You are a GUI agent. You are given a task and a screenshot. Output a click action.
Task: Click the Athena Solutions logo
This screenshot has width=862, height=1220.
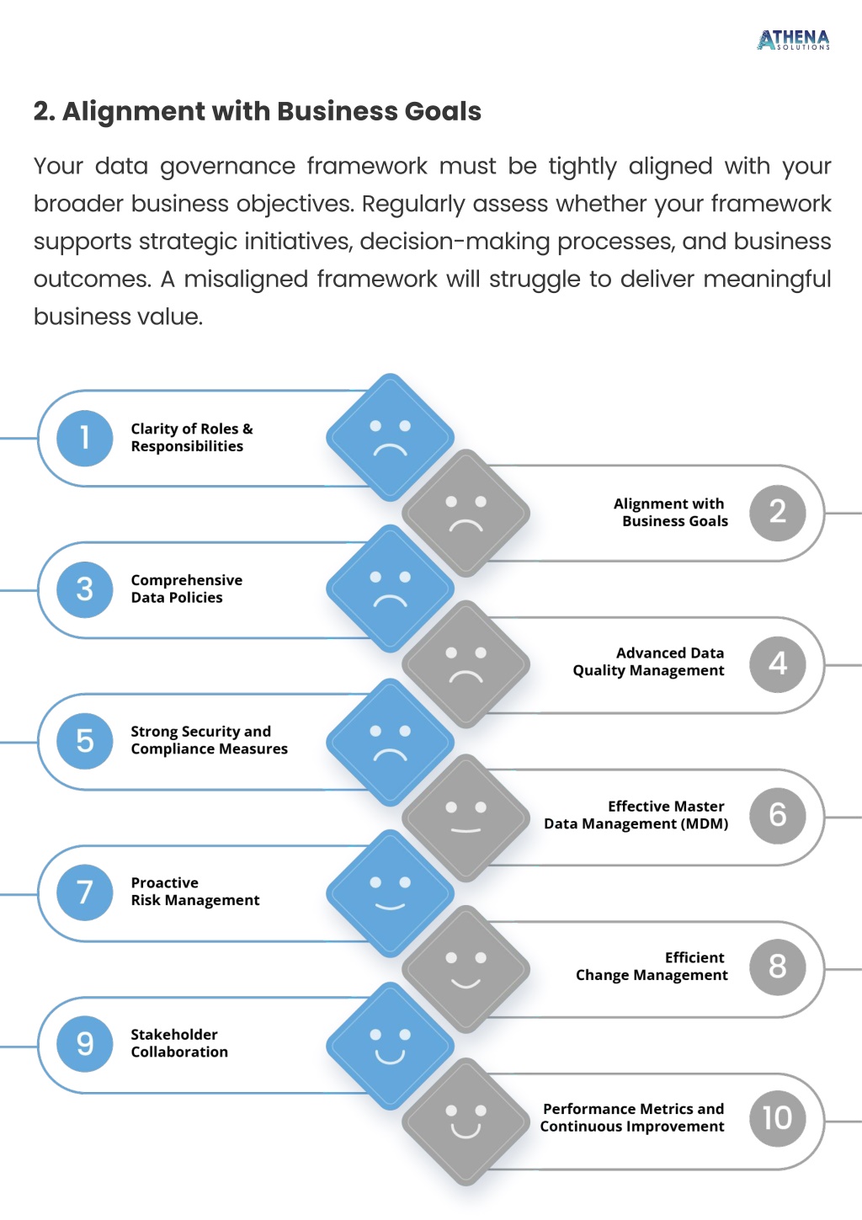(793, 40)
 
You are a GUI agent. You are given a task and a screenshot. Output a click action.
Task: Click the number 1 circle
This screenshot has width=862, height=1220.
(85, 438)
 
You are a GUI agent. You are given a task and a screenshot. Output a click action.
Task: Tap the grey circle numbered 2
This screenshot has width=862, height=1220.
(777, 513)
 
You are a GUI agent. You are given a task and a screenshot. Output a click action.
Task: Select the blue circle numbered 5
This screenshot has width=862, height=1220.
(85, 741)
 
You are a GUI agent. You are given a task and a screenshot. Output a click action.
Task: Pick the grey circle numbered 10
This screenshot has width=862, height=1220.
(777, 1119)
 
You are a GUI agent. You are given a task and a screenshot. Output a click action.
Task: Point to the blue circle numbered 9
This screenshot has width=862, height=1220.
(85, 1043)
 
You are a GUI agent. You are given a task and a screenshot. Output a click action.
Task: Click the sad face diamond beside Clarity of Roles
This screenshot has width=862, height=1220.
(390, 437)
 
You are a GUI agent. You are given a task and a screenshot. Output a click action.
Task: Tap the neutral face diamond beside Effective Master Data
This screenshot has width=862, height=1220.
(466, 818)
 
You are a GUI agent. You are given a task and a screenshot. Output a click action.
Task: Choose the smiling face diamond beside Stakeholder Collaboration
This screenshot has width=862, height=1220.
(390, 1046)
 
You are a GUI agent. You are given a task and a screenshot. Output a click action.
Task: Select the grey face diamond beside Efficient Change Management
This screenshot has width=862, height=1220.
(466, 969)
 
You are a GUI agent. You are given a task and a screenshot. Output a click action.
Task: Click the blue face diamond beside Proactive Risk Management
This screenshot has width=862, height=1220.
(390, 893)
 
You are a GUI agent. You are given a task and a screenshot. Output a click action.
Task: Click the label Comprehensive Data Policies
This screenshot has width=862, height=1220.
(187, 589)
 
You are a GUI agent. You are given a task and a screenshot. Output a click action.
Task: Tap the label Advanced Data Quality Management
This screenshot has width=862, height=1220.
(648, 662)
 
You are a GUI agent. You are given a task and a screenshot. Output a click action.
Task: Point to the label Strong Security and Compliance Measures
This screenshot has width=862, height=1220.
(209, 740)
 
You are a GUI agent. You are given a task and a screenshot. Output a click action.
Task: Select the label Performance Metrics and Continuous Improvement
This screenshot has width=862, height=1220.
(632, 1117)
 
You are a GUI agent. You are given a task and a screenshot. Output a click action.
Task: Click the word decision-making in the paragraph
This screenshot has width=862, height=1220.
(454, 242)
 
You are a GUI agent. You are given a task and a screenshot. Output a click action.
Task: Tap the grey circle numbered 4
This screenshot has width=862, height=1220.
(777, 664)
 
